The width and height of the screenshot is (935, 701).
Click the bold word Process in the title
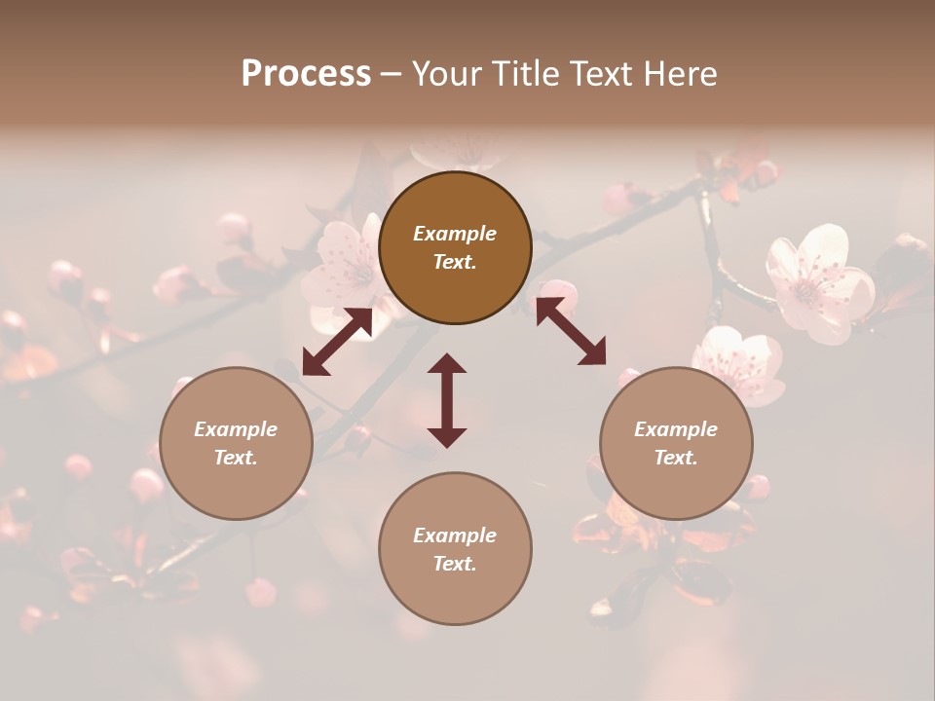[306, 74]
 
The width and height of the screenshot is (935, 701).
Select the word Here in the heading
[681, 74]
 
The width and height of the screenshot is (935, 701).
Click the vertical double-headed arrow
[447, 400]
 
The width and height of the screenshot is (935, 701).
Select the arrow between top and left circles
[337, 342]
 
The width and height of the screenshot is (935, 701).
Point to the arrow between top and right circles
[571, 332]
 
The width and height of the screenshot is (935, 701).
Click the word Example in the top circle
[455, 234]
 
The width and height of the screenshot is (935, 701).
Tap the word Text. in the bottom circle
[455, 564]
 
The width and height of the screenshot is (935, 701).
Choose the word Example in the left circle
[236, 429]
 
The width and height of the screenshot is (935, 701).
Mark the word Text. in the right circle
[676, 458]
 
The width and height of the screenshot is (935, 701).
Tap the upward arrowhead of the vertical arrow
[447, 363]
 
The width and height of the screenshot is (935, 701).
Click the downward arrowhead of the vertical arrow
[447, 437]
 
